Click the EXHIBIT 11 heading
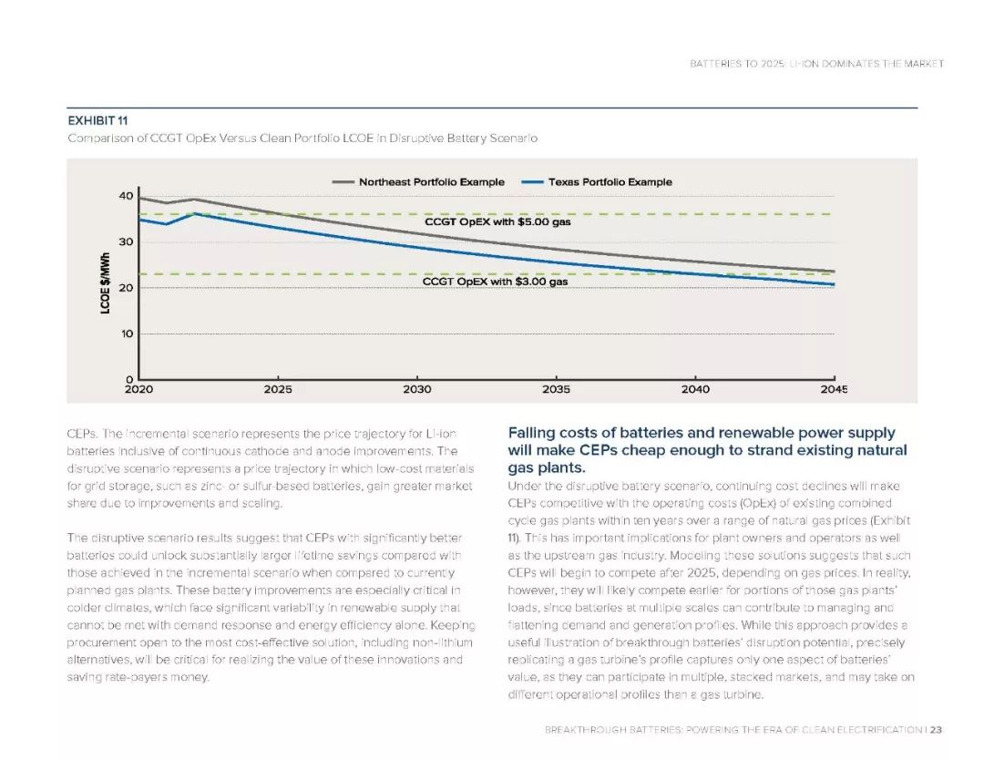97,120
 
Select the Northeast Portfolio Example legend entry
431,182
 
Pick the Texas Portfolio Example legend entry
610,182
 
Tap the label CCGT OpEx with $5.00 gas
498,221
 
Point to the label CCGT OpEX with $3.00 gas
495,282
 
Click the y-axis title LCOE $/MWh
105,283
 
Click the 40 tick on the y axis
126,196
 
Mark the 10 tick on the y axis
126,334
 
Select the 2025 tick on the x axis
278,389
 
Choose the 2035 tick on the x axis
556,389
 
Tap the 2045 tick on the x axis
833,389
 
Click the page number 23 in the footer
937,730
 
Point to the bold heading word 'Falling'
536,433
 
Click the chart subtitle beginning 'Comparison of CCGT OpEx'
302,139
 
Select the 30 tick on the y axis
126,241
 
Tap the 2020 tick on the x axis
139,389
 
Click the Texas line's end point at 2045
834,285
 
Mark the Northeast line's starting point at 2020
138,198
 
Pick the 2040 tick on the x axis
694,389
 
